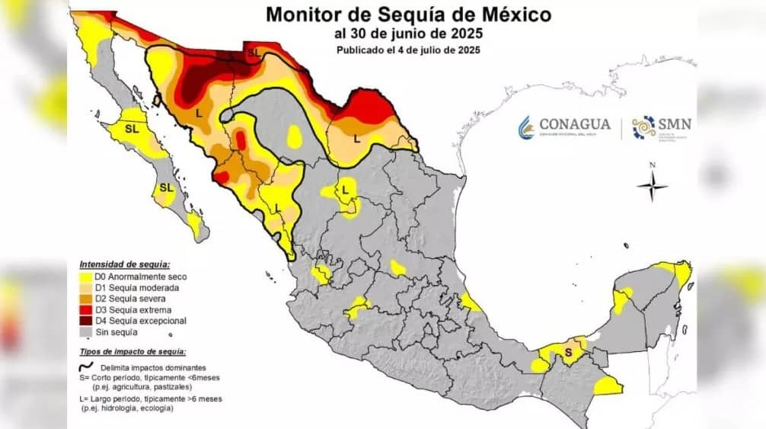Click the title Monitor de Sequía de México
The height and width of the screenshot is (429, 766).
pyautogui.click(x=409, y=14)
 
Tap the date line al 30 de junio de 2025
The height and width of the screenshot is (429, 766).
pyautogui.click(x=409, y=33)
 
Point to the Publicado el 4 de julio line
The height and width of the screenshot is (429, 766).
pyautogui.click(x=409, y=50)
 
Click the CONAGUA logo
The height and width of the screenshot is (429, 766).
pyautogui.click(x=564, y=126)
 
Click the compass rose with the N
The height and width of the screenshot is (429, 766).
pyautogui.click(x=652, y=185)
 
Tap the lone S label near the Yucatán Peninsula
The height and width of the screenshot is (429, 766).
pyautogui.click(x=568, y=351)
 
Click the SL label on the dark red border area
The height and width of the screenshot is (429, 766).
pyautogui.click(x=254, y=53)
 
